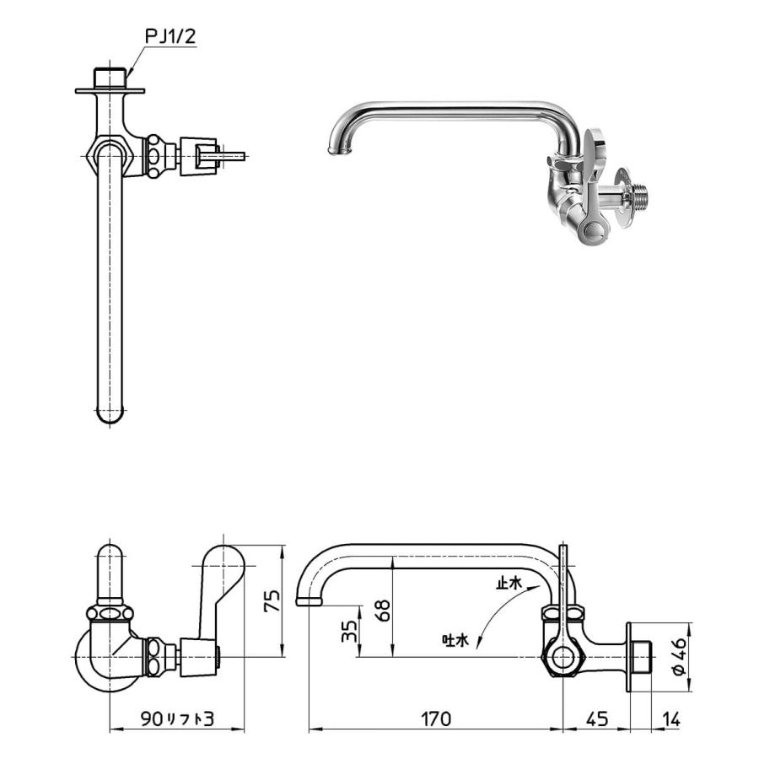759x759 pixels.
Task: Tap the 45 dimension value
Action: (x=596, y=719)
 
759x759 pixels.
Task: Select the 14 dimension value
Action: (x=671, y=719)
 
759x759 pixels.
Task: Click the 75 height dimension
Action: (x=271, y=600)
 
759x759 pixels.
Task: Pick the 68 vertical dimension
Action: (x=385, y=611)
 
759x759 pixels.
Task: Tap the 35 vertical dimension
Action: (x=351, y=632)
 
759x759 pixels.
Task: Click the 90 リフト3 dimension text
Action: (x=178, y=719)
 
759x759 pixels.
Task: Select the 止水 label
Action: (x=510, y=583)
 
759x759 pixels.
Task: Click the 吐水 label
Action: (x=455, y=640)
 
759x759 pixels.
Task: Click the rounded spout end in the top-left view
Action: (x=110, y=414)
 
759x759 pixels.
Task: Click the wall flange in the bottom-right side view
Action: (x=629, y=658)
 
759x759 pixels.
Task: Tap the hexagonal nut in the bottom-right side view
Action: (x=560, y=658)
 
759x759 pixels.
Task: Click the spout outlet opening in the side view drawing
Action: (x=309, y=601)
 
